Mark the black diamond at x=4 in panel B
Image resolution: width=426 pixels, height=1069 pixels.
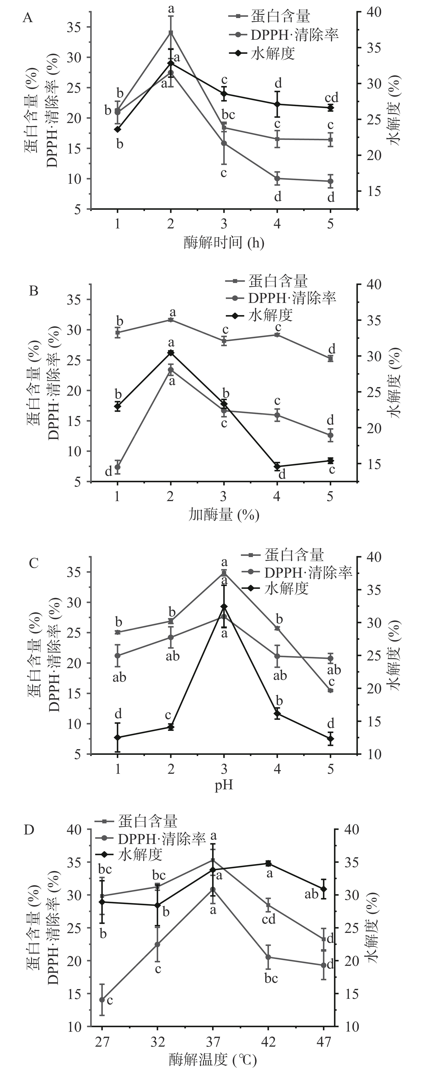(277, 466)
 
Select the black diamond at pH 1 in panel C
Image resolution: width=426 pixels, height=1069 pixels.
(118, 737)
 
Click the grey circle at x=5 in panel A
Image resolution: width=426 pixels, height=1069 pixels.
(330, 181)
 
